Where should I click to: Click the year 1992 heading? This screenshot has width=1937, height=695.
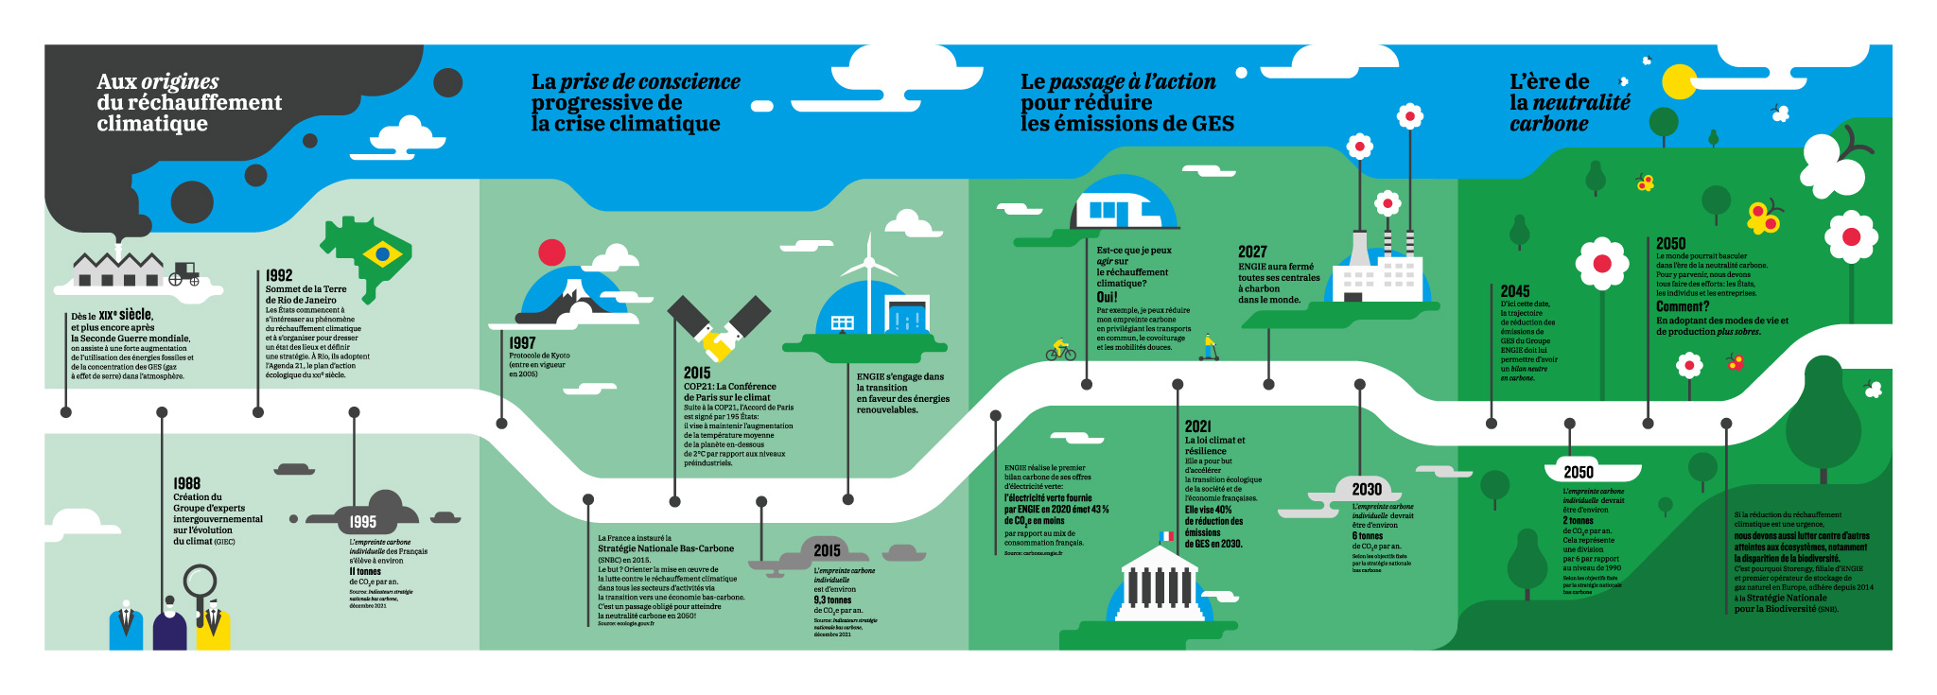pos(279,275)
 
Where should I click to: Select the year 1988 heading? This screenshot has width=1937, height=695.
pos(186,483)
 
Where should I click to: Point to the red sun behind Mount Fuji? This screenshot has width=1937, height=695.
pos(551,252)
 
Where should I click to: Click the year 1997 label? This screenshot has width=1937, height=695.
pos(522,343)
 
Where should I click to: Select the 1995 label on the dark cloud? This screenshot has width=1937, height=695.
pos(363,521)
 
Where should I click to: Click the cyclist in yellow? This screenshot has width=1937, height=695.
pos(1060,350)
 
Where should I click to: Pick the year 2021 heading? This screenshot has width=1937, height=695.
pos(1197,426)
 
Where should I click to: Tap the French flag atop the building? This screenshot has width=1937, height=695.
pos(1167,537)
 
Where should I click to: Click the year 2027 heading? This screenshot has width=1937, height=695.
pos(1252,252)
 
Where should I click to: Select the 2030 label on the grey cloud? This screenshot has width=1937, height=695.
pos(1367,489)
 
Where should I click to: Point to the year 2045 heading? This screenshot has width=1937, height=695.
pos(1515,291)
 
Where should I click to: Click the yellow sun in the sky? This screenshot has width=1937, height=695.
pos(1679,82)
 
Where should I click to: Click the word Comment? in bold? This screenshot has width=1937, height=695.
pos(1683,306)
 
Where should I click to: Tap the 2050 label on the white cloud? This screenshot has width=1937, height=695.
pos(1579,472)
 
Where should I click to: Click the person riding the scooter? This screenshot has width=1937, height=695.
pos(1209,347)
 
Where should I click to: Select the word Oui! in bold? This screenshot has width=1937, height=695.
pos(1107,297)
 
